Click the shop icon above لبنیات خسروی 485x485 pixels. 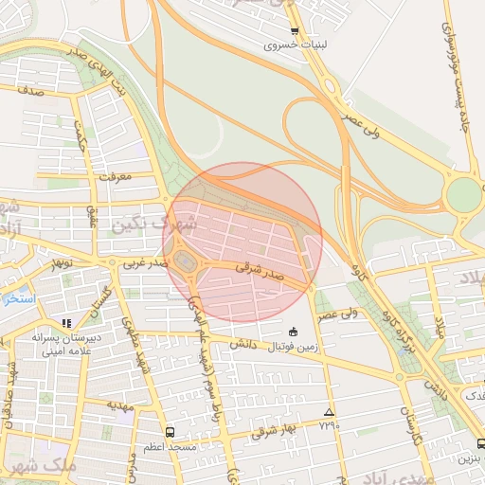pos(295,31)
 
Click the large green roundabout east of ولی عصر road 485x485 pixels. pos(463,195)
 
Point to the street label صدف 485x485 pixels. pos(31,92)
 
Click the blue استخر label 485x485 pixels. pos(17,298)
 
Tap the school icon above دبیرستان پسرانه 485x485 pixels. pos(66,323)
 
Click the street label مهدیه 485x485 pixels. pos(118,404)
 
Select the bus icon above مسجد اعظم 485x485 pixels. pos(169,431)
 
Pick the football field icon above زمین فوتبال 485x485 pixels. pos(292,332)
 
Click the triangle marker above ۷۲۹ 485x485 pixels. pos(329,412)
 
